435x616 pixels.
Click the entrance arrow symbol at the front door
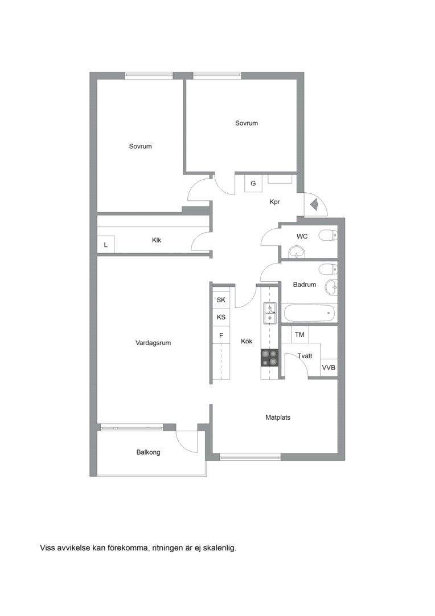tap(314, 204)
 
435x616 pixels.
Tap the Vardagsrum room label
tap(153, 343)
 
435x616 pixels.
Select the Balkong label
tap(148, 452)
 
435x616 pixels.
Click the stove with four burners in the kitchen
tap(269, 358)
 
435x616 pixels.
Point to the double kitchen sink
tap(269, 313)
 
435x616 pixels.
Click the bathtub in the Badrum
tap(310, 313)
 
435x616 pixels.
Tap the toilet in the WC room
tap(328, 236)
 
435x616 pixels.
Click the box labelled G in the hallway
tap(253, 184)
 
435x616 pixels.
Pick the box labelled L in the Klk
tap(106, 244)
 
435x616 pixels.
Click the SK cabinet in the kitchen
tap(221, 300)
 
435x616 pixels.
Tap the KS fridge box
tap(221, 317)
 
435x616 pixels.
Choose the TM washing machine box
tap(299, 335)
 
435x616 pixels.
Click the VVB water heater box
tap(329, 368)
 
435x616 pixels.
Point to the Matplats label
tap(278, 418)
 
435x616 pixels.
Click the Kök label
tap(247, 342)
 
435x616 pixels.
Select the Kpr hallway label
tap(274, 202)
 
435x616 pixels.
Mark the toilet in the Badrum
tap(328, 269)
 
